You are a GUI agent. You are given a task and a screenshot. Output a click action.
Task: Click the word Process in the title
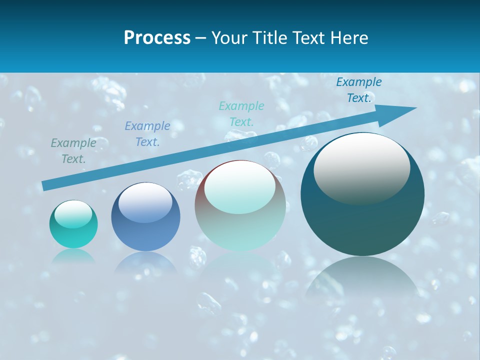[x=157, y=38]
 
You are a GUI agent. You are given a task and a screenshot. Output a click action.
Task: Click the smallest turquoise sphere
[x=73, y=224]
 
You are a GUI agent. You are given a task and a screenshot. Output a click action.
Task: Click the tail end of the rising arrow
[x=44, y=186]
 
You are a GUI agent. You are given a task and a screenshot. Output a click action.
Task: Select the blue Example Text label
[x=147, y=134]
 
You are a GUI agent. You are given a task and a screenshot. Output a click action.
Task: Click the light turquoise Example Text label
[x=241, y=113]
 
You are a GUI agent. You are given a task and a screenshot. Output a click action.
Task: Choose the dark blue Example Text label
[x=359, y=90]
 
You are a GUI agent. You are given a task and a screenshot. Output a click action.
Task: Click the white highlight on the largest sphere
[x=361, y=167]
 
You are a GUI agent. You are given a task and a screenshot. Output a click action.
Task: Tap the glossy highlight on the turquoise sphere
[x=73, y=214]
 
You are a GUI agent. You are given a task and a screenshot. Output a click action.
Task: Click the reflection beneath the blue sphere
[x=145, y=262]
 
